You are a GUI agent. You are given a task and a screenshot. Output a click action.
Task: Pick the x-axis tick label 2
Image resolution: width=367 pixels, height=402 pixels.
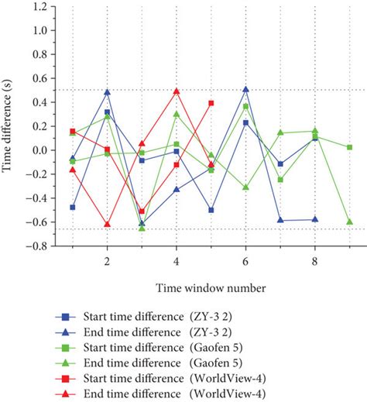(107, 262)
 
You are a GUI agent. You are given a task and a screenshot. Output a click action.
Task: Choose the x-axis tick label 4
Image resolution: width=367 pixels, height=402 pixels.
(177, 262)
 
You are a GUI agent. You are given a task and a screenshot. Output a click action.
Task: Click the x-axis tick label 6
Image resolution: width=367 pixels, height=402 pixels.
(245, 262)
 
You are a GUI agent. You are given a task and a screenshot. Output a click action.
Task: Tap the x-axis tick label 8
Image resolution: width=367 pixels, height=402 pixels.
(315, 262)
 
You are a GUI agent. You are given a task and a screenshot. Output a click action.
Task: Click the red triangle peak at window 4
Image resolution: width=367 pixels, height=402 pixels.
(177, 91)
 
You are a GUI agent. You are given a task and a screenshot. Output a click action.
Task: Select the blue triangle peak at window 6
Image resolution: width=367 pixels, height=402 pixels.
(245, 89)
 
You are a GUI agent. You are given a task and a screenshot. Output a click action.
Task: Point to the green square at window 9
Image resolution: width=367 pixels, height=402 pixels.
(350, 147)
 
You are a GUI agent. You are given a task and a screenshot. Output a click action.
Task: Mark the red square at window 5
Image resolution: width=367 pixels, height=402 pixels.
(211, 103)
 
